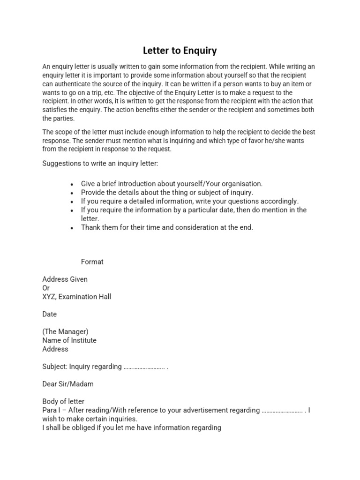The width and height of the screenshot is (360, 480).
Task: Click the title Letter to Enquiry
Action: coord(180,50)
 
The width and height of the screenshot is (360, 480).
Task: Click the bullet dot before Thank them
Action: coord(71,228)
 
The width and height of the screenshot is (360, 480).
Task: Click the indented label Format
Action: coord(92,262)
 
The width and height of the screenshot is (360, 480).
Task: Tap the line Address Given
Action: coord(65,279)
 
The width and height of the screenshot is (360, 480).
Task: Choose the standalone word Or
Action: coord(46,288)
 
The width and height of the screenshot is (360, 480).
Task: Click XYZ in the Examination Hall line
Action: coord(49,297)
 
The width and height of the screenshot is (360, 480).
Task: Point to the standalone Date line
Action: coord(49,314)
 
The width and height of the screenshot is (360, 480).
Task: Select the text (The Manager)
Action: coord(65,331)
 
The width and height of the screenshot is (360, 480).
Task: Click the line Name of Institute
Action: coord(69,340)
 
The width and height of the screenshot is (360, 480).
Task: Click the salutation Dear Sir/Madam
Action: coord(67,384)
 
